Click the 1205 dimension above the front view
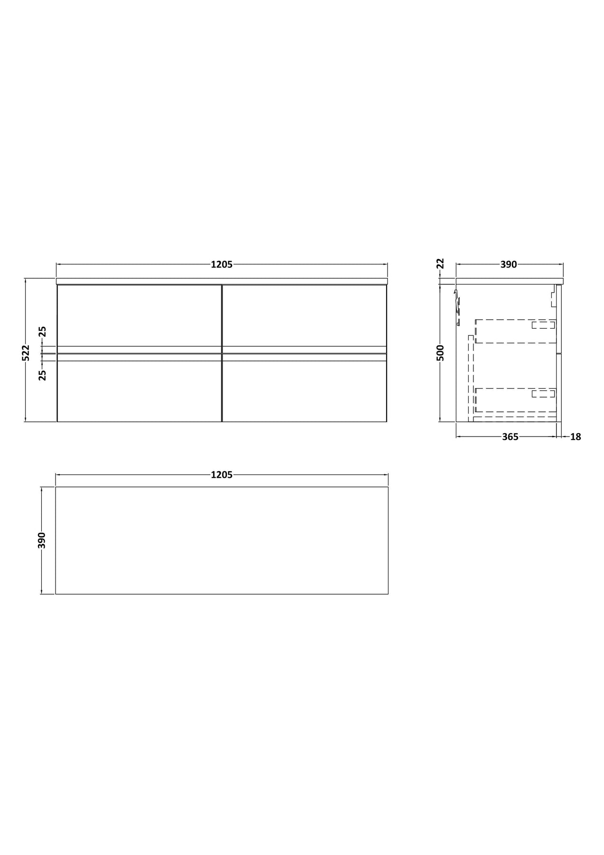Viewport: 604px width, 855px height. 222,265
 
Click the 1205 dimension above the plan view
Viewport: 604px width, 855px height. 222,475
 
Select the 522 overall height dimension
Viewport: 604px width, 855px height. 26,353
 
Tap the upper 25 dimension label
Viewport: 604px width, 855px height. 42,331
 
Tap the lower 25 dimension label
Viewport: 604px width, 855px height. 42,375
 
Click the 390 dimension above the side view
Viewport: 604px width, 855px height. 509,265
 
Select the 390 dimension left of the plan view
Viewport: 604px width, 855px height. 42,540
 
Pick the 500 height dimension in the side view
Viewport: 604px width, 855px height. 440,353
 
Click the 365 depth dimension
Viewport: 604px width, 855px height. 510,437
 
